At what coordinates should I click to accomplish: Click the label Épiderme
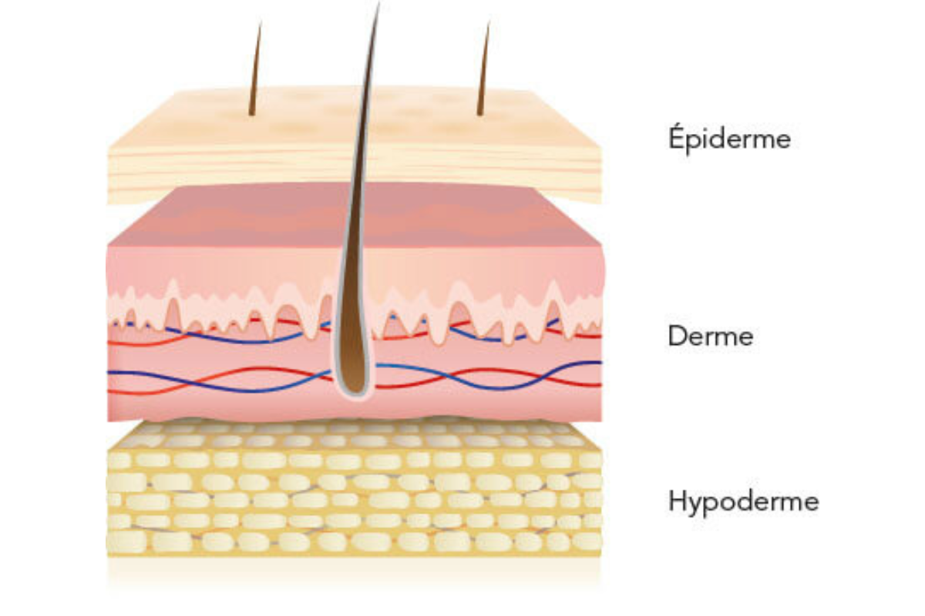click(x=730, y=139)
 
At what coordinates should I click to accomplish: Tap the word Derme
click(x=711, y=336)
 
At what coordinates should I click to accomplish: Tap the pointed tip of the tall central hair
click(x=378, y=3)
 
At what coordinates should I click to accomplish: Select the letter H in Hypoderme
click(x=678, y=501)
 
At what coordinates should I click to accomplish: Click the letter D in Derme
click(x=678, y=336)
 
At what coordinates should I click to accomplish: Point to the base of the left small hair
click(x=251, y=112)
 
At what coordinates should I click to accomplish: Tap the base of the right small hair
click(x=479, y=112)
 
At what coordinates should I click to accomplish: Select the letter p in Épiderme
click(x=695, y=142)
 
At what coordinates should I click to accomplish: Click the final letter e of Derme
click(x=745, y=339)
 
